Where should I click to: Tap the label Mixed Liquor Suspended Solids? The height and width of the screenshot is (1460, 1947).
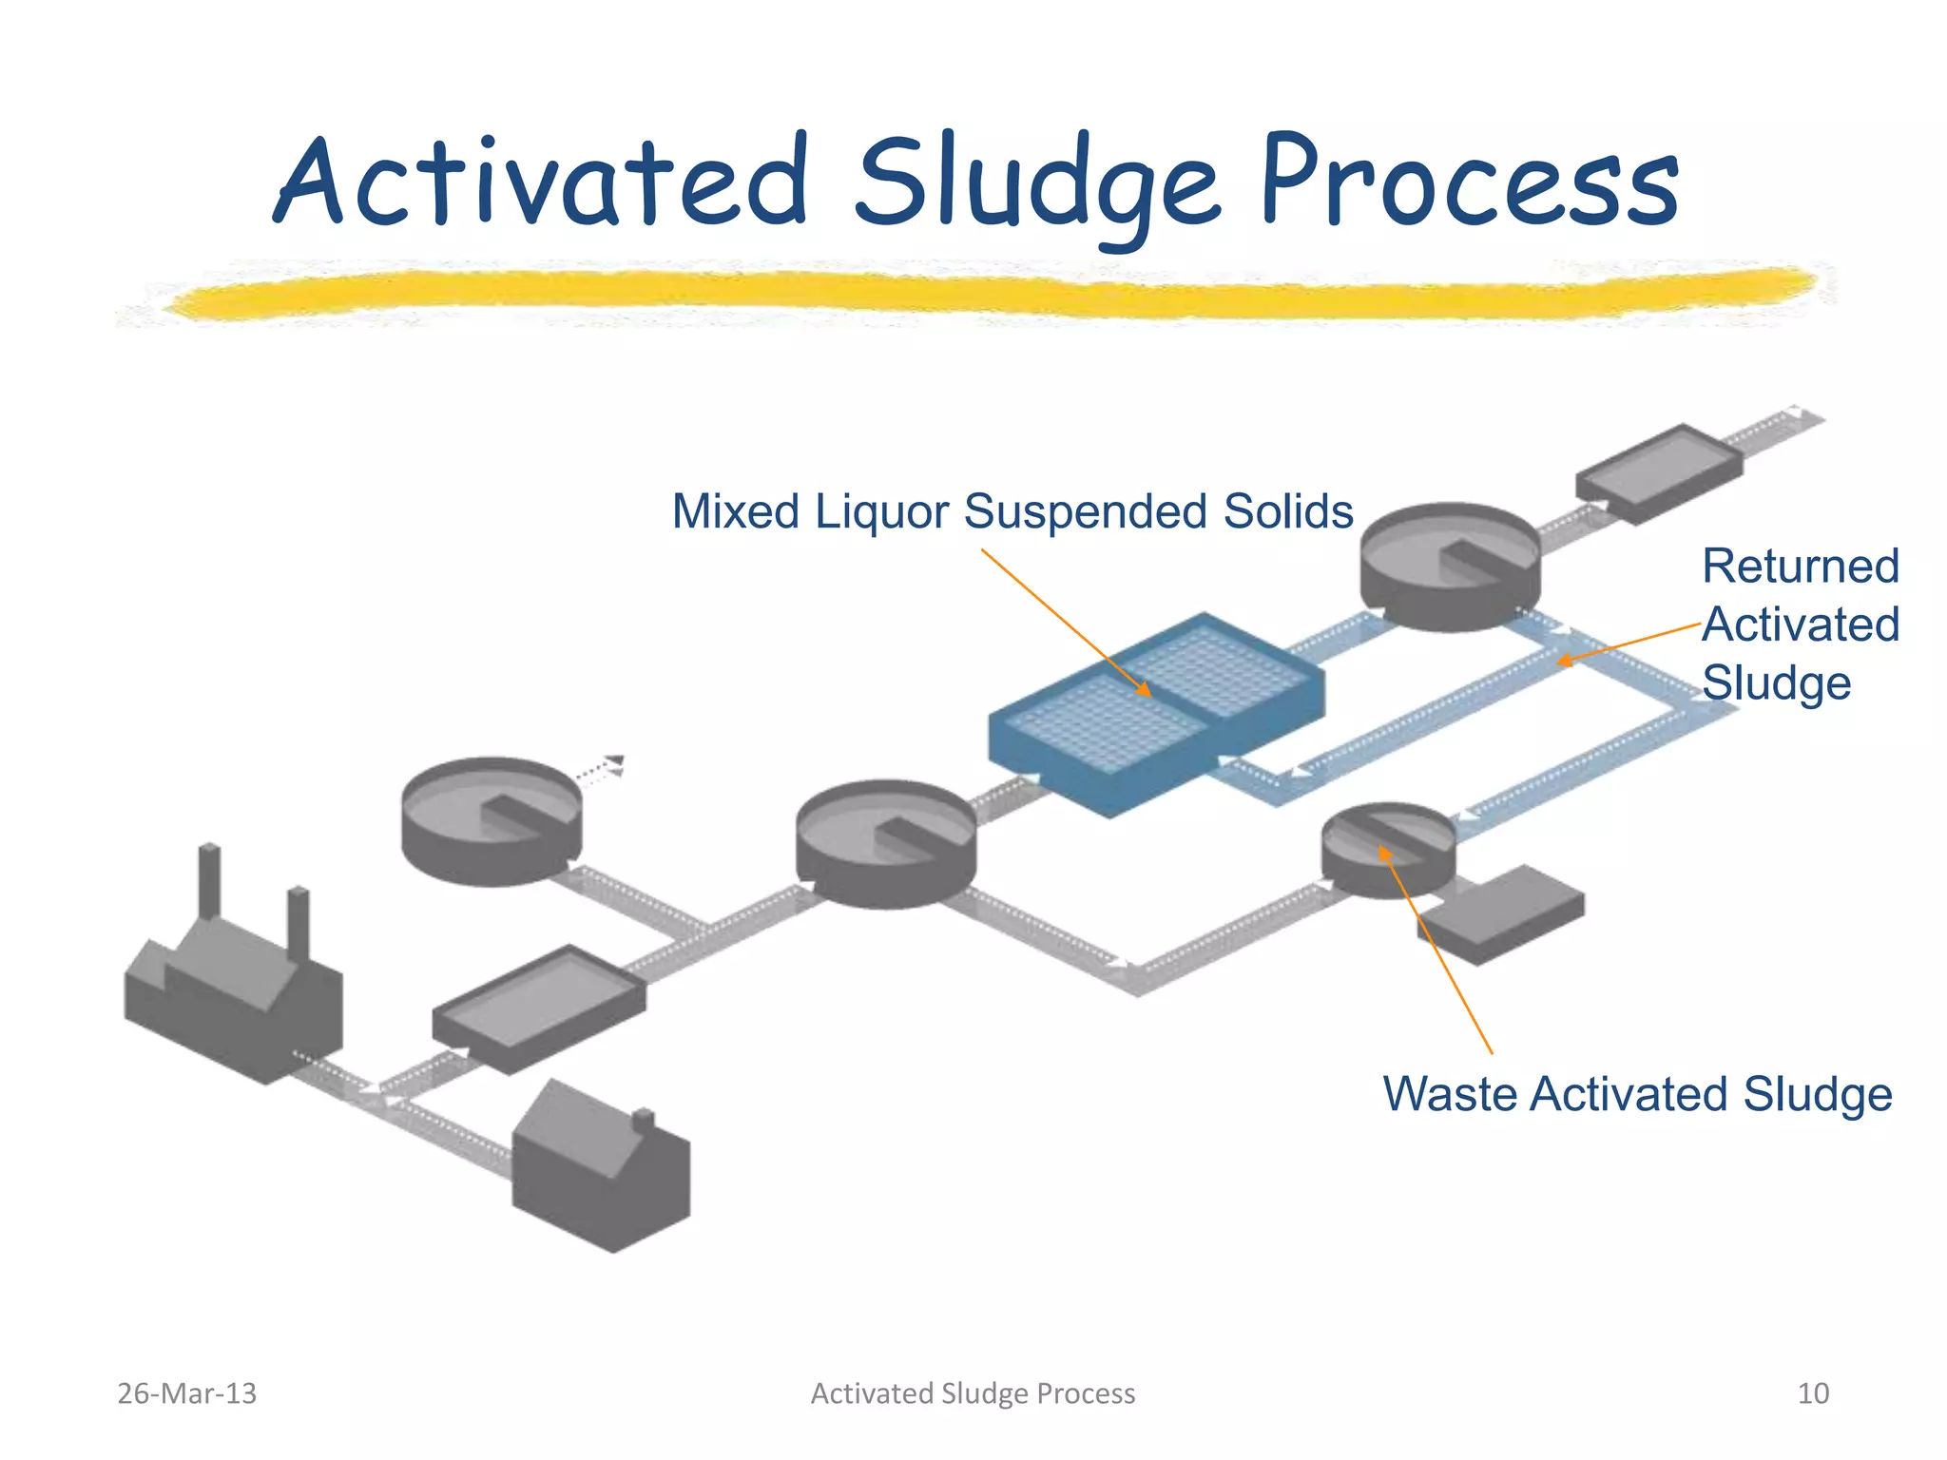[1012, 511]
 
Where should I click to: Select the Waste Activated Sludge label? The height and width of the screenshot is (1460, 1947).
[1637, 1093]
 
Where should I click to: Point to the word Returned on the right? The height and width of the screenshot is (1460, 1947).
[1800, 567]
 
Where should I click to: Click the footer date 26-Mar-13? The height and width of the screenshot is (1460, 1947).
[186, 1393]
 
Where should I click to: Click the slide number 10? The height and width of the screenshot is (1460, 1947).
[1813, 1393]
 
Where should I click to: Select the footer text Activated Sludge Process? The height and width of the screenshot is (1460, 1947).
[973, 1393]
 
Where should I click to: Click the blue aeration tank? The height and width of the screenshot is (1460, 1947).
[1155, 713]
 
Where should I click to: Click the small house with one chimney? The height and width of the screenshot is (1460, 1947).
[601, 1169]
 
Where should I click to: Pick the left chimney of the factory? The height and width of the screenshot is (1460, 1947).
[210, 879]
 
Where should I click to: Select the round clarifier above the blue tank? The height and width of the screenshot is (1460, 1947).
[1450, 566]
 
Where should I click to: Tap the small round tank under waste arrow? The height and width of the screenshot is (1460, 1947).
[1388, 849]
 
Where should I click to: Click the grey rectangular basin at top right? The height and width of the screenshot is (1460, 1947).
[1659, 472]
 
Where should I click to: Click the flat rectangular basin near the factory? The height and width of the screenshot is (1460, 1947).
[539, 1008]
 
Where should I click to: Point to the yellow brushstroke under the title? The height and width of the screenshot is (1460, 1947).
[989, 293]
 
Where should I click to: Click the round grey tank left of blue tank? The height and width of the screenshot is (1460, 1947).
[885, 842]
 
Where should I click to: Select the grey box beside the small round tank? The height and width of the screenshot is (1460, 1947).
[1502, 912]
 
